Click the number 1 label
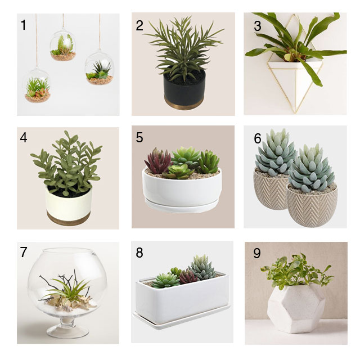(24, 25)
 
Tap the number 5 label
(139, 137)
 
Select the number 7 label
(24, 252)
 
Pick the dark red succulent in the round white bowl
(157, 161)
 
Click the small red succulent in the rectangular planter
(188, 276)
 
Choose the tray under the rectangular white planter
(181, 320)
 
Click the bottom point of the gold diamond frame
(295, 113)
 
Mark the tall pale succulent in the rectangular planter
(203, 267)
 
